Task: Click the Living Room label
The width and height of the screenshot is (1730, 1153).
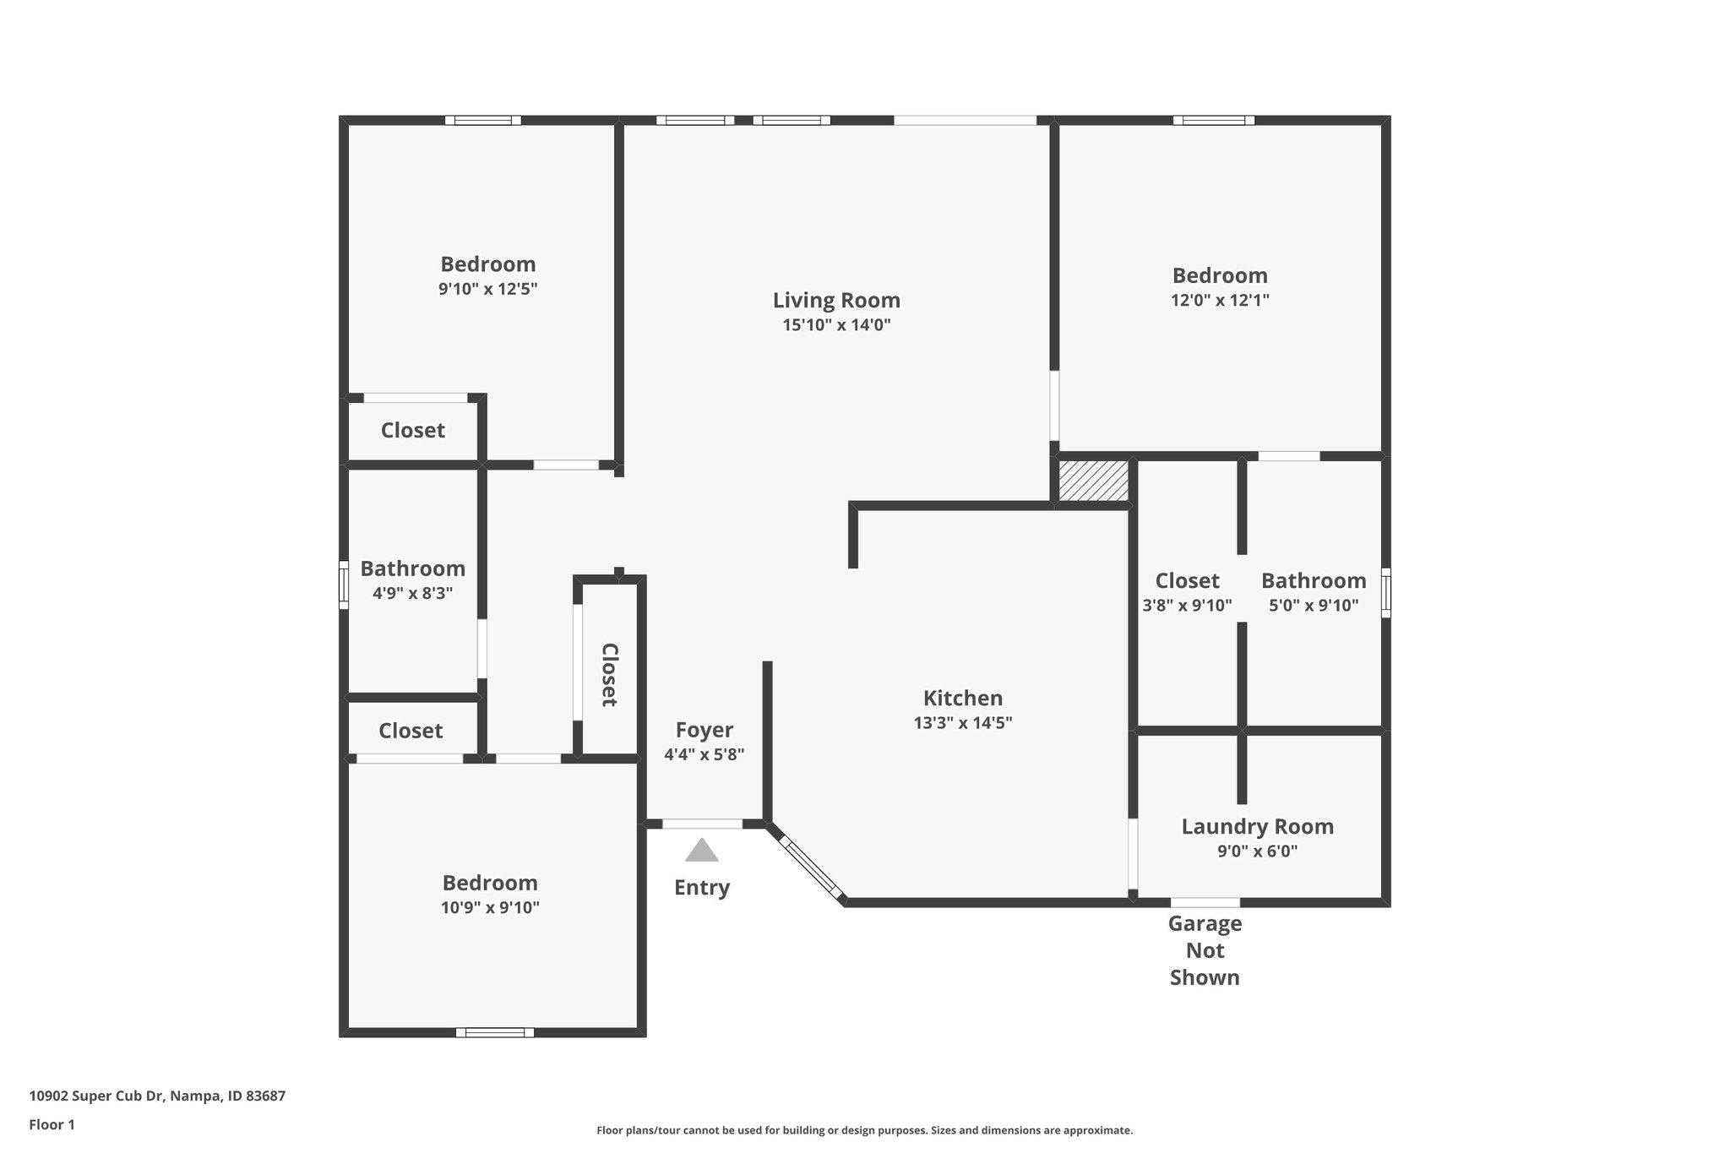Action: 836,301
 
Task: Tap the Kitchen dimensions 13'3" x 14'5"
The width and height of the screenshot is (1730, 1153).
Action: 962,723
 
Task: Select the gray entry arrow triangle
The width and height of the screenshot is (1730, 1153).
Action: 701,851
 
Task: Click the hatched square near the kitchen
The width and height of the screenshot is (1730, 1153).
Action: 1093,481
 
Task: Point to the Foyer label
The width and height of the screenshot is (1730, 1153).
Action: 704,730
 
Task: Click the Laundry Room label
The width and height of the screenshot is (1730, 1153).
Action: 1257,827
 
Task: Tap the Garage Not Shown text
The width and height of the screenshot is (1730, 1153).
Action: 1205,950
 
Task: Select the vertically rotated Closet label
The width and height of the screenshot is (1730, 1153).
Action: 609,674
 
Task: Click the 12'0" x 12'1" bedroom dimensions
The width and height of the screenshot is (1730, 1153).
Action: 1220,300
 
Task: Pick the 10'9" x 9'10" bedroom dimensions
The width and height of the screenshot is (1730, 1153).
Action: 490,908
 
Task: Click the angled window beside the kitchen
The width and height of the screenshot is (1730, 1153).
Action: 810,867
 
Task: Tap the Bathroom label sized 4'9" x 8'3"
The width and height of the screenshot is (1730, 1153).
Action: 412,568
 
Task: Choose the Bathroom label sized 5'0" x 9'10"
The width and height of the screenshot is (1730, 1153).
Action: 1314,581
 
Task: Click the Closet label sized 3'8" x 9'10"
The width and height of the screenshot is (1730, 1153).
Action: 1187,581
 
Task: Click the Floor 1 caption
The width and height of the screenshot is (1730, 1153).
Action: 52,1124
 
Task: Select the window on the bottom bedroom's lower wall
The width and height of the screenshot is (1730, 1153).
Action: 495,1032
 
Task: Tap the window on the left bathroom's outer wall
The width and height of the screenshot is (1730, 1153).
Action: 344,585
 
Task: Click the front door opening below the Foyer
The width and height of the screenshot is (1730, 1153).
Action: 702,824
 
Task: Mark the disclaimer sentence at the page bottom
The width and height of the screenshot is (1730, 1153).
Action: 864,1130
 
